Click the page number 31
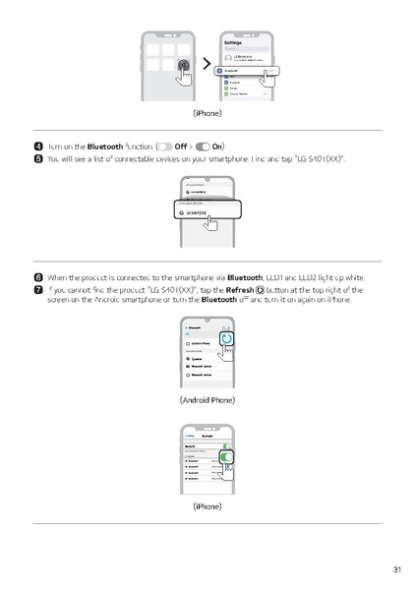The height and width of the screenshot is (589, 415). [396, 569]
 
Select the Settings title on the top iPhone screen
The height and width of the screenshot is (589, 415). [233, 42]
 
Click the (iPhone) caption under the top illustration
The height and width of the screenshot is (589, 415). [207, 114]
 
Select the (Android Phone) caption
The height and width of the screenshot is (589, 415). [207, 400]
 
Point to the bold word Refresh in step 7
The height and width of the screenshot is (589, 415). [239, 290]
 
